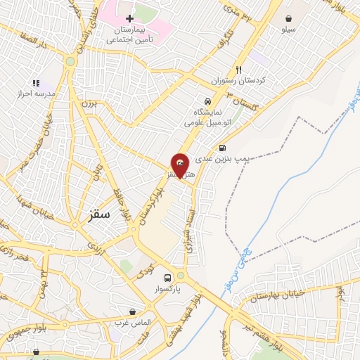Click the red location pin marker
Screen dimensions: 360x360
coord(180,165)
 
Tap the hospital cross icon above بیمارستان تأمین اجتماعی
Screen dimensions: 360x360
coord(129,19)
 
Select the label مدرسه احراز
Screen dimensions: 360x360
coord(35,94)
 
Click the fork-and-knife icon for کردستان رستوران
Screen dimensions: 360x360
coord(238,70)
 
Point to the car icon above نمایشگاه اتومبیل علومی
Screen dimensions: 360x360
coord(206,101)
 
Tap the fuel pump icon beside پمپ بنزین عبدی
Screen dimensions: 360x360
coord(223,148)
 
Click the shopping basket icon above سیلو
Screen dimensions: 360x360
coord(289,18)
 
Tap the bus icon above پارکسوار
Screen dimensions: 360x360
coord(167,278)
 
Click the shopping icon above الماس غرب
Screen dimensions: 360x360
coord(133,311)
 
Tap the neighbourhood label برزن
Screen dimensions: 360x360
coord(87,104)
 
